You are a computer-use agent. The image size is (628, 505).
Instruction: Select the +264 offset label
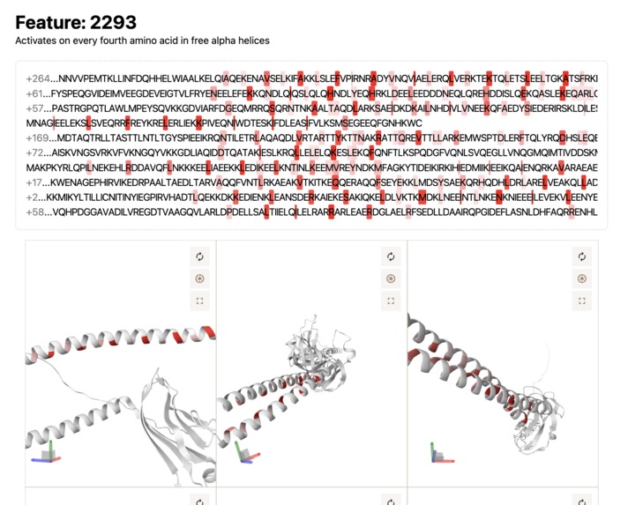38,78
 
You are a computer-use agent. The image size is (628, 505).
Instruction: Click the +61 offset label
35,93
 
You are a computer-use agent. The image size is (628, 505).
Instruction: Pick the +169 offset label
38,137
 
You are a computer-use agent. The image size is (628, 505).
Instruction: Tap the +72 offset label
35,152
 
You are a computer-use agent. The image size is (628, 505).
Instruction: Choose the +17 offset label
35,182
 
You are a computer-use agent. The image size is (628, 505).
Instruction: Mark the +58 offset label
35,212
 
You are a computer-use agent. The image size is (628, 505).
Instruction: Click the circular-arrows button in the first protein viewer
200,256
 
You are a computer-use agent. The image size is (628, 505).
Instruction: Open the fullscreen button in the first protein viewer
200,301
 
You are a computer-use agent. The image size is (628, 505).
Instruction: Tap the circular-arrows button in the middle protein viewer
391,256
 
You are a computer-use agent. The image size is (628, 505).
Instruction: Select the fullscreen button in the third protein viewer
581,301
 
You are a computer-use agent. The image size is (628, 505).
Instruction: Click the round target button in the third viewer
581,278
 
